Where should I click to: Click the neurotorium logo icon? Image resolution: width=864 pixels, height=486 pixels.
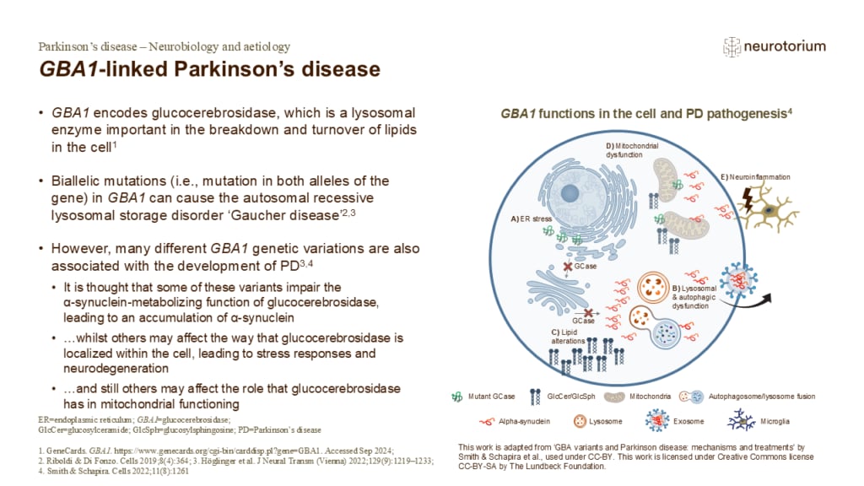coord(732,47)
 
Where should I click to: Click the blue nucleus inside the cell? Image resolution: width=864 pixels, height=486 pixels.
coord(570,194)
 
